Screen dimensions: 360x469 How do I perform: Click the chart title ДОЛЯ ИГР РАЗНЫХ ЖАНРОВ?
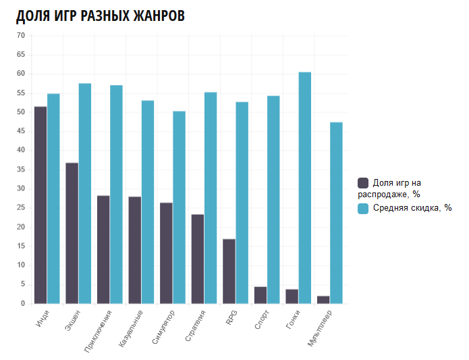[x=100, y=16]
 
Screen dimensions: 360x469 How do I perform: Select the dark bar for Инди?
[x=40, y=205]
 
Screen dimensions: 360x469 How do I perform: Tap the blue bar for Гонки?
[x=305, y=188]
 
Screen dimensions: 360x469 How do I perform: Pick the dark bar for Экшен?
[x=72, y=233]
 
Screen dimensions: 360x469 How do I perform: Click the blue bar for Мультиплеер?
[x=336, y=213]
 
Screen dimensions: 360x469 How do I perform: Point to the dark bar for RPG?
[x=229, y=271]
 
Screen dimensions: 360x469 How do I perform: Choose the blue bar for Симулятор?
[x=179, y=207]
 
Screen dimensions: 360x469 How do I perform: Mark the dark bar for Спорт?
[x=260, y=295]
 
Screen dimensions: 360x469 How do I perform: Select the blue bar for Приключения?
[x=116, y=195]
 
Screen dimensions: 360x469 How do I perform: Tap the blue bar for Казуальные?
[x=148, y=202]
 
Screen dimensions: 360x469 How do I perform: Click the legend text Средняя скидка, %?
[x=412, y=208]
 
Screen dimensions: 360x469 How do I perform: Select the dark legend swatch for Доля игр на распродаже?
[x=364, y=183]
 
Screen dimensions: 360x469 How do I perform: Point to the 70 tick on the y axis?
[x=20, y=35]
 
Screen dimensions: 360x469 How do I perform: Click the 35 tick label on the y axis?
[x=20, y=170]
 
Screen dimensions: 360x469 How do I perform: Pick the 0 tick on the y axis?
[x=22, y=304]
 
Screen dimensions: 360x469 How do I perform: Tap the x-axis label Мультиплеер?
[x=323, y=328]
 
